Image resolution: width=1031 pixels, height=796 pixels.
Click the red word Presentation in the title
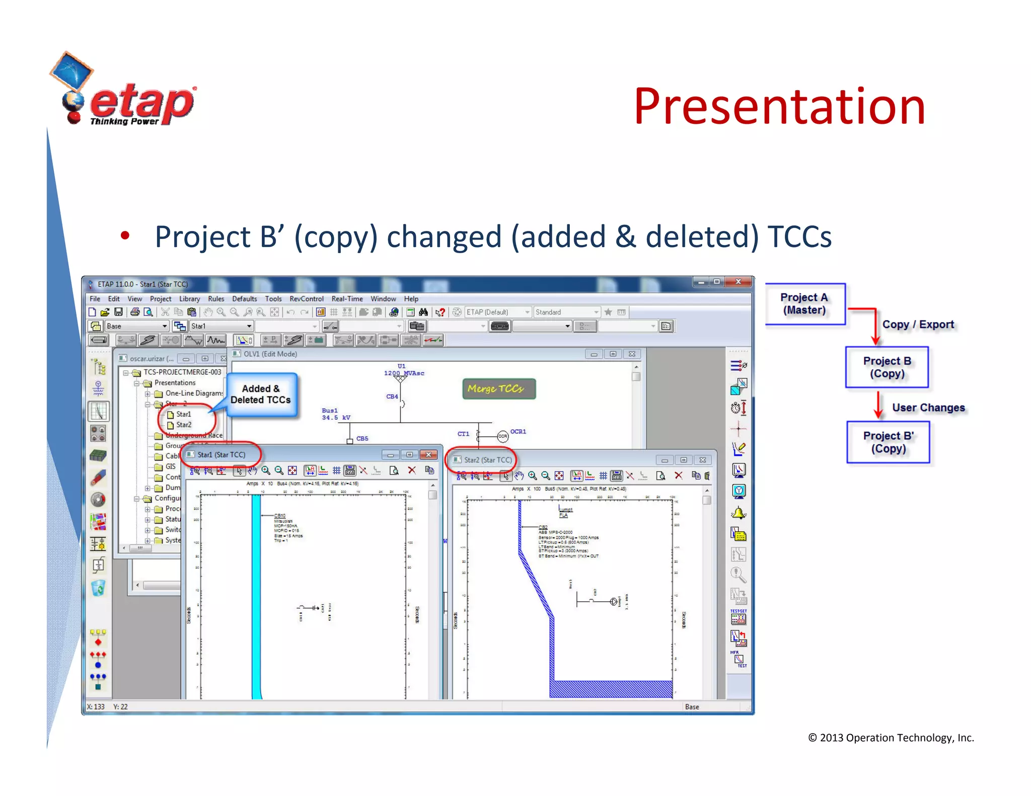[779, 107]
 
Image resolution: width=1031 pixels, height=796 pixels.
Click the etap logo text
[142, 103]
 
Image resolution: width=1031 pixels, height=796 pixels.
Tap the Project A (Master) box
[804, 304]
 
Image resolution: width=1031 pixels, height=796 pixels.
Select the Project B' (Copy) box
[888, 442]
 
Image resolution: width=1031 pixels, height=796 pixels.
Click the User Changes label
[928, 408]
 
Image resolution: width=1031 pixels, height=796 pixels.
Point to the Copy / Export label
[918, 325]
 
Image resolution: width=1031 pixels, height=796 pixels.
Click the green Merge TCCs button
[498, 389]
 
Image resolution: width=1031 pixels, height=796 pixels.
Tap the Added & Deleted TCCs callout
[261, 394]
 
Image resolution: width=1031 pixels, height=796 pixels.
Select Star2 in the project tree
[184, 425]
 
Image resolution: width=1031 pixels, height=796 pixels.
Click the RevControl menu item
[306, 299]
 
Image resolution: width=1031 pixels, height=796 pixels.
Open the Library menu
[189, 299]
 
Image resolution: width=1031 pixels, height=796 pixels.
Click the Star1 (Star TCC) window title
[221, 455]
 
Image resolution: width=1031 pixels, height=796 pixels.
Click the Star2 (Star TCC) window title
[487, 460]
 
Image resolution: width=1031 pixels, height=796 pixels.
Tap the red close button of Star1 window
[428, 455]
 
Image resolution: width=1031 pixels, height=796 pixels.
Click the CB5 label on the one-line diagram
[362, 439]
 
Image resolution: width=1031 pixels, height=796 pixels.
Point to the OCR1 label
[518, 432]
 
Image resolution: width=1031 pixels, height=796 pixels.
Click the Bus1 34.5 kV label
[335, 414]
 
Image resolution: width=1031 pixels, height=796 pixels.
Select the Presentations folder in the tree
[175, 383]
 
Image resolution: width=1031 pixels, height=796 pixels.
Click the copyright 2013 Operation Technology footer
[891, 738]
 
